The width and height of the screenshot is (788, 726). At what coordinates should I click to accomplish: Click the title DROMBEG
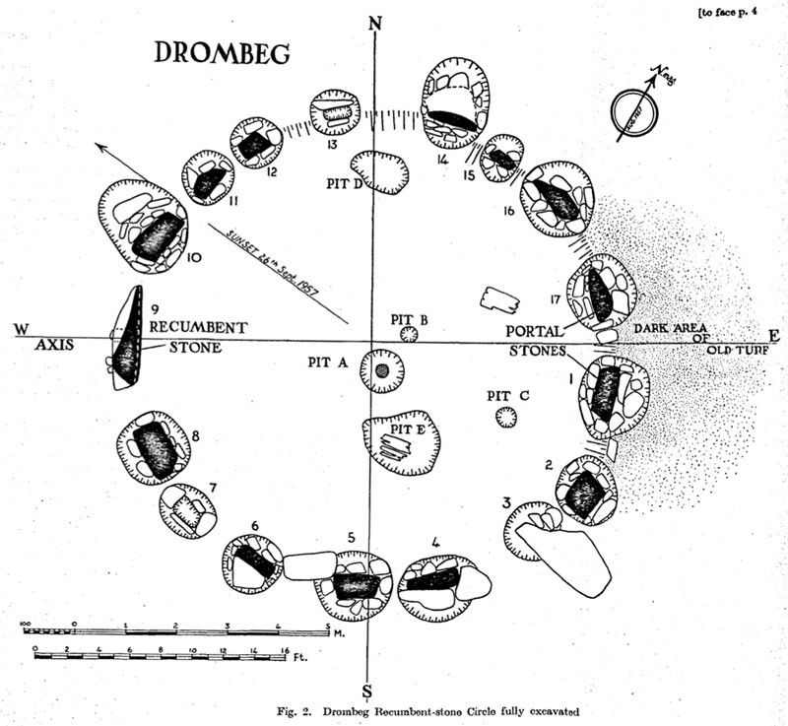(x=222, y=51)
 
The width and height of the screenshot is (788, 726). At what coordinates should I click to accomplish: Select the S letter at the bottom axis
(x=366, y=690)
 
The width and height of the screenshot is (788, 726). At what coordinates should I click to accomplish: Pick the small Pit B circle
(x=408, y=335)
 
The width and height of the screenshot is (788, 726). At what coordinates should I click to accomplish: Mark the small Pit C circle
(x=507, y=419)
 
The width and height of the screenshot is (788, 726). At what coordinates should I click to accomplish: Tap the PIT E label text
(x=405, y=429)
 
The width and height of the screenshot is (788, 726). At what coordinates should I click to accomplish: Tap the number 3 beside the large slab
(x=506, y=504)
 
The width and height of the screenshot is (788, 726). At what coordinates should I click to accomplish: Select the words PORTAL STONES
(x=537, y=339)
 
